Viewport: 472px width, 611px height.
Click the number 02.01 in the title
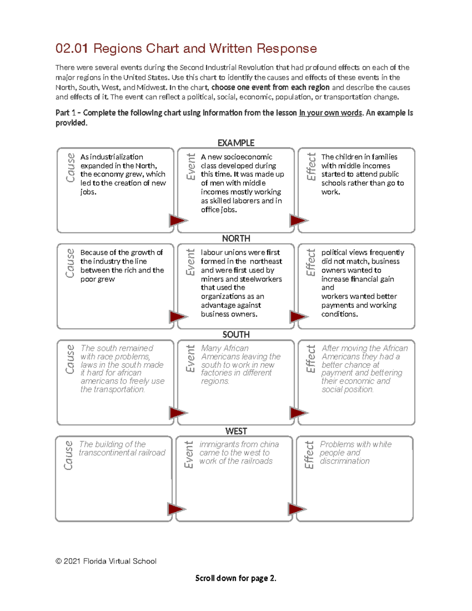[71, 48]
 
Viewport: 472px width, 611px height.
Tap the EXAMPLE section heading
[236, 143]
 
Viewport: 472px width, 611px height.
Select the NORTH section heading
[236, 238]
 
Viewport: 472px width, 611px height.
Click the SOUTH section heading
[236, 334]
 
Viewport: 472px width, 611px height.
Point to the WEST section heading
[236, 431]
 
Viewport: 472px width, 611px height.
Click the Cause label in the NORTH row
[70, 263]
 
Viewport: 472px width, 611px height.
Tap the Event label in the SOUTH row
[190, 359]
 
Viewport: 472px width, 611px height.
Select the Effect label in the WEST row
[309, 455]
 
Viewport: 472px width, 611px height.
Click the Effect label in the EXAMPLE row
[311, 167]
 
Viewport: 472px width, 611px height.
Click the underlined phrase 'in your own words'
[330, 113]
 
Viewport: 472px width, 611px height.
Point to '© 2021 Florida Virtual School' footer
[106, 561]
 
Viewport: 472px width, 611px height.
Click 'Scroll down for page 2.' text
[236, 578]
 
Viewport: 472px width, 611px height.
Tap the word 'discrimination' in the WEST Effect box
[345, 461]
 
